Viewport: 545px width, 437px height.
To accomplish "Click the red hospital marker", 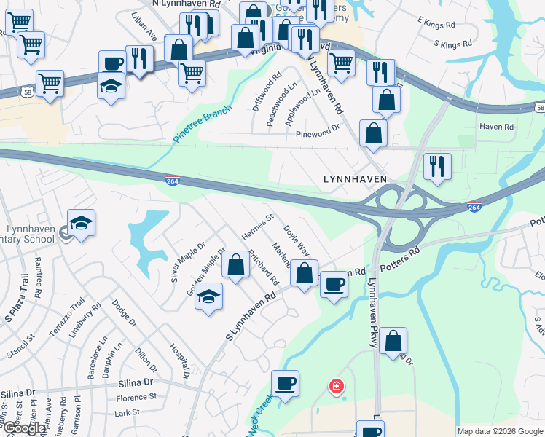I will coord(336,385).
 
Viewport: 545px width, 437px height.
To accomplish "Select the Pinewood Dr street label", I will coord(318,134).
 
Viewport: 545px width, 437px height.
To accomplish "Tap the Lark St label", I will coord(127,412).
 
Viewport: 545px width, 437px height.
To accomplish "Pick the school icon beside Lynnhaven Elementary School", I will coord(81,223).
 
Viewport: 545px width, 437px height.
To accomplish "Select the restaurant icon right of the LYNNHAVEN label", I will coord(436,165).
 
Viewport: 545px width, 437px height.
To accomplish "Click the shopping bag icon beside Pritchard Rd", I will coord(235,265).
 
